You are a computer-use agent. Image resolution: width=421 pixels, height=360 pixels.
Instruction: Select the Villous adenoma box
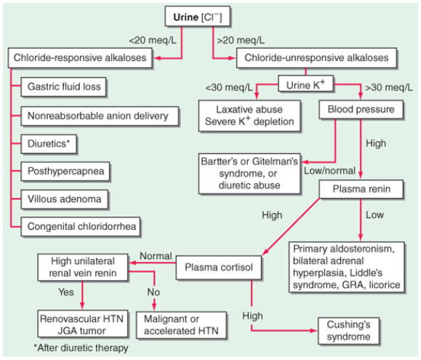[63, 198]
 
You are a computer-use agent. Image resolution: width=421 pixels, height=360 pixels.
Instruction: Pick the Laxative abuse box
[249, 115]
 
